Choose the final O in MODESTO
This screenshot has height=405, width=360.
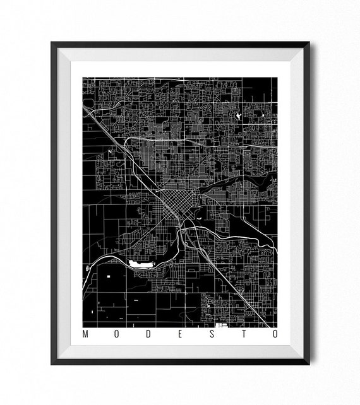pyautogui.click(x=273, y=334)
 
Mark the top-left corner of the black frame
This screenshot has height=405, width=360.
pyautogui.click(x=52, y=44)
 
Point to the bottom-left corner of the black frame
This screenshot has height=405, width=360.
pyautogui.click(x=52, y=363)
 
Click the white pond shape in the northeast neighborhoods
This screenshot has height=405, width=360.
pyautogui.click(x=238, y=117)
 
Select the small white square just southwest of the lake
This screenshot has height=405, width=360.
pyautogui.click(x=109, y=276)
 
